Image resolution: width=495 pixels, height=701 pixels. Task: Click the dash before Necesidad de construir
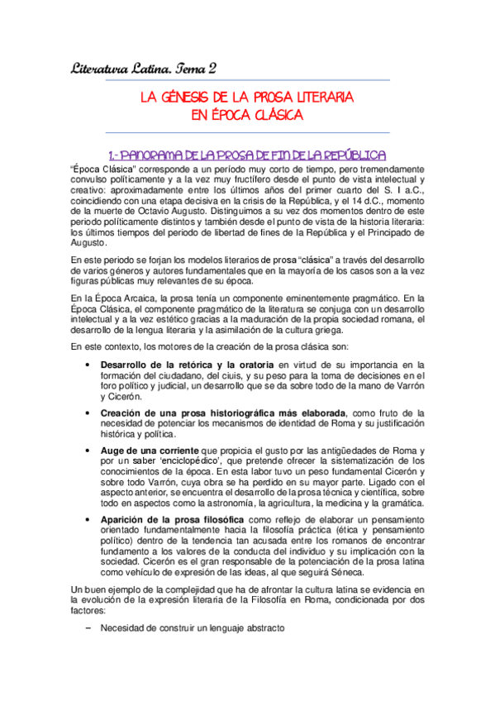click(88, 628)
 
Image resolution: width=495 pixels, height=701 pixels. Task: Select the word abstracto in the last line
click(262, 628)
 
